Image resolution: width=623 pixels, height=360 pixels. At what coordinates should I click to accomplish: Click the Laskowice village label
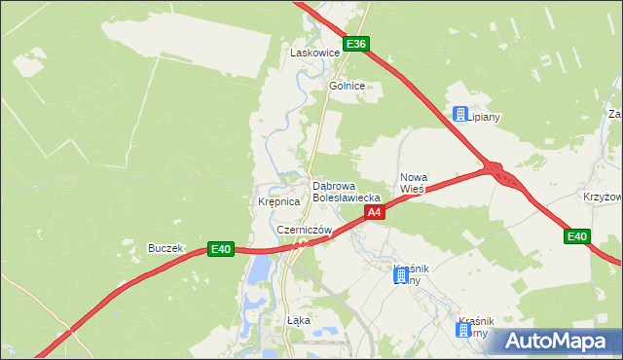314,53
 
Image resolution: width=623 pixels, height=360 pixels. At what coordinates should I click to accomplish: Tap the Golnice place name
347,86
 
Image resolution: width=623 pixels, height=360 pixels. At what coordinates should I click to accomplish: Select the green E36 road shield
357,44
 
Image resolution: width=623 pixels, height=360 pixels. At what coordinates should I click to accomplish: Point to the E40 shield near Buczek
222,250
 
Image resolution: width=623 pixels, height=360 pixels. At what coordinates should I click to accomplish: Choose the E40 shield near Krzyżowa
577,236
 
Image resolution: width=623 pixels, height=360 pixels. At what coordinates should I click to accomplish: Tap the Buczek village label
165,248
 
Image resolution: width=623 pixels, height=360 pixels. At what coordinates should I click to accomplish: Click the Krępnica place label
278,202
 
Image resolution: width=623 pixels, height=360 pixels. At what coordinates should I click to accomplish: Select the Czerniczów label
304,230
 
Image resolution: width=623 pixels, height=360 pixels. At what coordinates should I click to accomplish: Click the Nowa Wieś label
414,182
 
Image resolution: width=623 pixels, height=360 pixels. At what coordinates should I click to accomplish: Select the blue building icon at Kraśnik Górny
464,330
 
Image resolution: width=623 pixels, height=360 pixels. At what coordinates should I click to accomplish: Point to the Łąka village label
298,319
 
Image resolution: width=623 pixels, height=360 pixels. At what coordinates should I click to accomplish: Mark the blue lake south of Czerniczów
255,273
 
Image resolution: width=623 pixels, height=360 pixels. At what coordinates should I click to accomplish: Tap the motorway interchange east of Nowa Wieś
502,174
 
